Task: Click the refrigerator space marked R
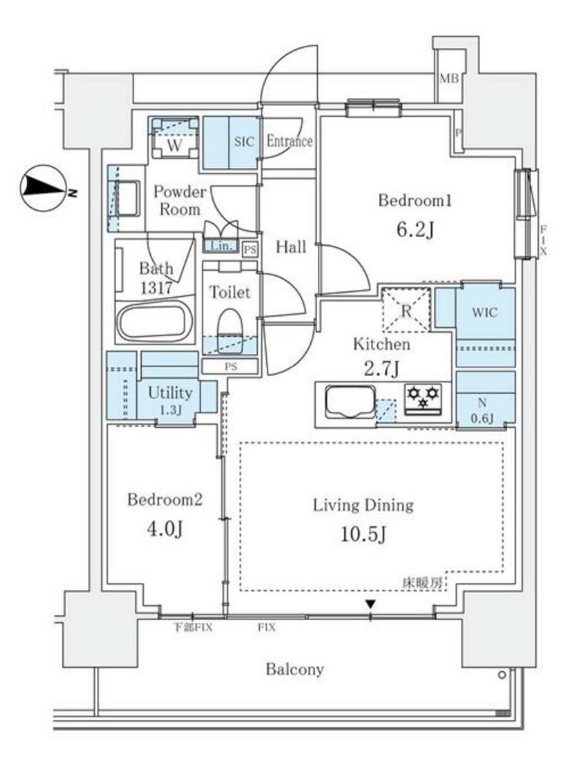[x=406, y=310]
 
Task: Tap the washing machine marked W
[x=174, y=144]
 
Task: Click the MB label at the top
[x=449, y=78]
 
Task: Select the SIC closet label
[x=244, y=142]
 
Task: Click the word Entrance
[x=289, y=141]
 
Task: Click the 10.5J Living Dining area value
[x=363, y=534]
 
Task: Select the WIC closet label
[x=484, y=313]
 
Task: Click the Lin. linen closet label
[x=222, y=246]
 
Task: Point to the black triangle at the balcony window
[x=371, y=604]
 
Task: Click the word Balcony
[x=295, y=669]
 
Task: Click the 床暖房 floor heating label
[x=423, y=583]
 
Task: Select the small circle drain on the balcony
[x=501, y=675]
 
